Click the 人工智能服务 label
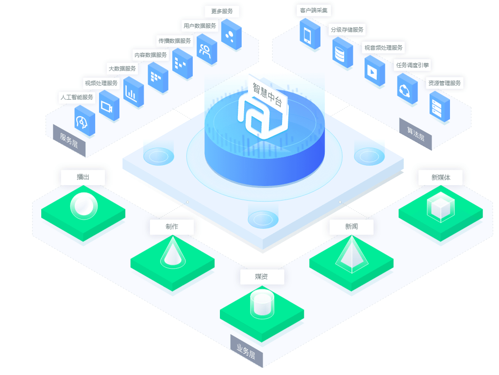pos(77,97)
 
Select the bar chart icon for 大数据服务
pos(133,92)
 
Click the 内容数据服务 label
pos(150,55)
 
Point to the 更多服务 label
pos(222,11)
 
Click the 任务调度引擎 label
pos(412,65)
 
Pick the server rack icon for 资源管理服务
pos(439,106)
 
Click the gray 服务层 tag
pos(69,141)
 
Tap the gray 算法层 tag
pos(416,134)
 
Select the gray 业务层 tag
pos(246,351)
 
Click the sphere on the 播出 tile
pos(83,205)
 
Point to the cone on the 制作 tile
pos(173,252)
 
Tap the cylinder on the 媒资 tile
pos(262,304)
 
